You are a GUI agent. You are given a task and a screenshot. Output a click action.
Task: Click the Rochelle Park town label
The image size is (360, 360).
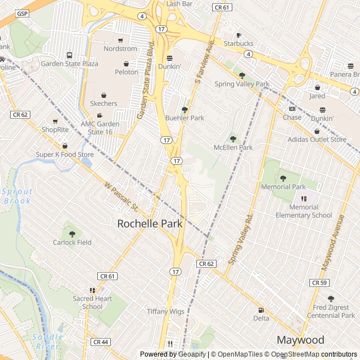(x=150, y=224)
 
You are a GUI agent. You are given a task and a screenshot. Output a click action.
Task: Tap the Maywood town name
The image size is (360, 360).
(x=300, y=340)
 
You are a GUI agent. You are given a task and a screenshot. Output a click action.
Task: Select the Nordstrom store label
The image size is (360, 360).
(x=120, y=49)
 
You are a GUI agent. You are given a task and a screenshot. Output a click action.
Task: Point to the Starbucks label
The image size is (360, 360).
(x=238, y=43)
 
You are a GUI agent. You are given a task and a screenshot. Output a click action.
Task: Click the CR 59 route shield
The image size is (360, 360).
(x=319, y=282)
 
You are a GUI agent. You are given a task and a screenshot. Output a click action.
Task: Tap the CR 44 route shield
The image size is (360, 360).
(x=100, y=341)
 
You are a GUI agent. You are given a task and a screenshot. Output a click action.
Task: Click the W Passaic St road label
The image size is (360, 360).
(x=121, y=196)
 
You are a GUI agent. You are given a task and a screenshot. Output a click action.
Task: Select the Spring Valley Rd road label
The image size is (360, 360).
(x=242, y=239)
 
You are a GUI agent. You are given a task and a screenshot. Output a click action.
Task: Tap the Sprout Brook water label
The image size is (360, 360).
(x=17, y=196)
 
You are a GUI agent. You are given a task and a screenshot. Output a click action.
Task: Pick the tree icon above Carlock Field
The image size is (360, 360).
(x=72, y=233)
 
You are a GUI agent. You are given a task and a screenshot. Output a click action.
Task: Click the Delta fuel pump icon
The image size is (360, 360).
(x=261, y=310)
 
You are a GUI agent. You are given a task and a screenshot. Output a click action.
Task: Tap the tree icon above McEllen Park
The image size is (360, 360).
(x=233, y=138)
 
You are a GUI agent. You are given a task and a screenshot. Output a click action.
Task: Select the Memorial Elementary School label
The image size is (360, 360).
(x=304, y=211)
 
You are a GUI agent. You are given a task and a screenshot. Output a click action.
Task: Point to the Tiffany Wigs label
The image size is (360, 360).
(x=165, y=311)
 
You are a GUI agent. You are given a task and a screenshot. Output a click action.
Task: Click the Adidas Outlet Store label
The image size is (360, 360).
(x=317, y=139)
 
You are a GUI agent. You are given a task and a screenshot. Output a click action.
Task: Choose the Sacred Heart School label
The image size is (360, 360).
(x=92, y=303)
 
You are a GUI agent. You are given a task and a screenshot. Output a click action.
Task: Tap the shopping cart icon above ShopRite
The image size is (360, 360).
(x=55, y=121)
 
